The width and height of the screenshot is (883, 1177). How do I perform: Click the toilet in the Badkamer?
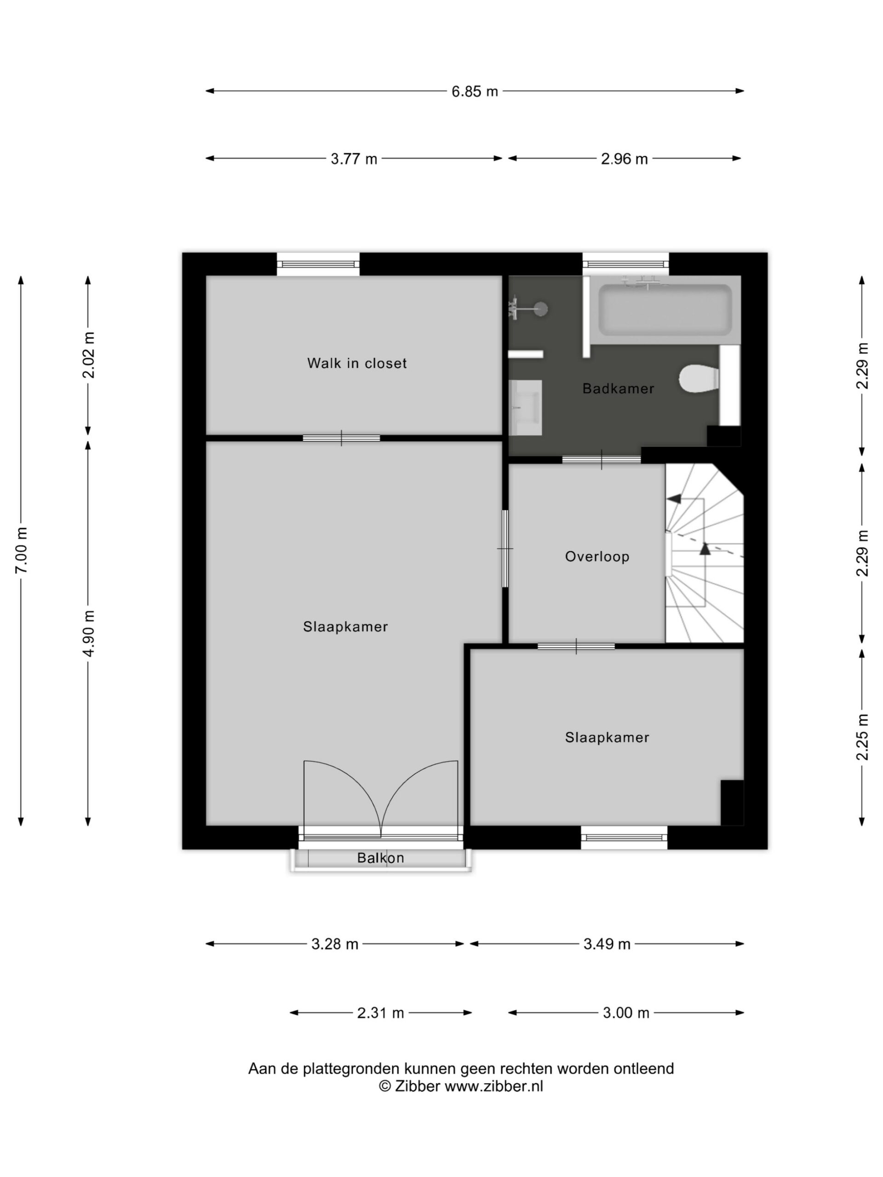698,378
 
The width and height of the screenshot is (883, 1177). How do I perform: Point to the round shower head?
541,309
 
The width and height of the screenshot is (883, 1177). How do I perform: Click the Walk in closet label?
356,363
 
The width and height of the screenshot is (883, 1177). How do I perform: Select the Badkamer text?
618,388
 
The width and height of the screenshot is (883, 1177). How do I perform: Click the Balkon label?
380,858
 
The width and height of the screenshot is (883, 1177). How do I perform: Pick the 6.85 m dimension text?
474,91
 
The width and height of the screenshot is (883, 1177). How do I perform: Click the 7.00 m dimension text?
21,551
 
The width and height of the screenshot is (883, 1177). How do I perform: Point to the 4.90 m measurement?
88,633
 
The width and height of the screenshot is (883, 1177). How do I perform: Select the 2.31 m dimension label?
380,1012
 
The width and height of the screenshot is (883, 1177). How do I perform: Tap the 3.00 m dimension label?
626,1012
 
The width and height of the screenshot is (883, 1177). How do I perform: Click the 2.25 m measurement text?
862,737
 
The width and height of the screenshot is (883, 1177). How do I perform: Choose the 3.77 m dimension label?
354,159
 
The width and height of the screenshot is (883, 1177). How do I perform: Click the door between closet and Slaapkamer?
341,438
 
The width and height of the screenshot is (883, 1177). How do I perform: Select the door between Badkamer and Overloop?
602,459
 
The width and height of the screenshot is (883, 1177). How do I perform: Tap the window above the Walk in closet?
318,264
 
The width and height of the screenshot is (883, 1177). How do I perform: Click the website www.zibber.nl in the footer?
494,1086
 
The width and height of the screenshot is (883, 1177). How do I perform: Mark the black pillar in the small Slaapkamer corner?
732,802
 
